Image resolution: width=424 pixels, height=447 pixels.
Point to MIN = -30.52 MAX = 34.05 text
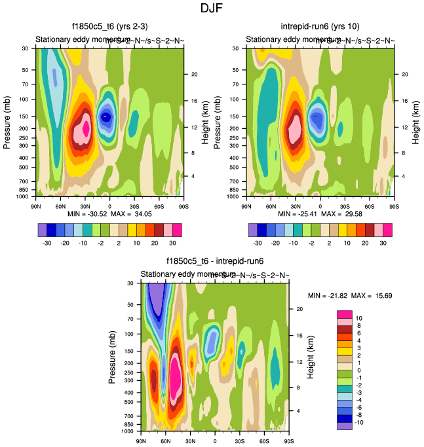click(109, 214)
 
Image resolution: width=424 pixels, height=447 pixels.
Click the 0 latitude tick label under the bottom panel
click(215, 442)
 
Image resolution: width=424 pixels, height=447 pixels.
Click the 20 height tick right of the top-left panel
click(195, 74)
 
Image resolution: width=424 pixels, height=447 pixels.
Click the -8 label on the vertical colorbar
click(359, 417)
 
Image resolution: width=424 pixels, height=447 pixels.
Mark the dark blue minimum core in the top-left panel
click(106, 116)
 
